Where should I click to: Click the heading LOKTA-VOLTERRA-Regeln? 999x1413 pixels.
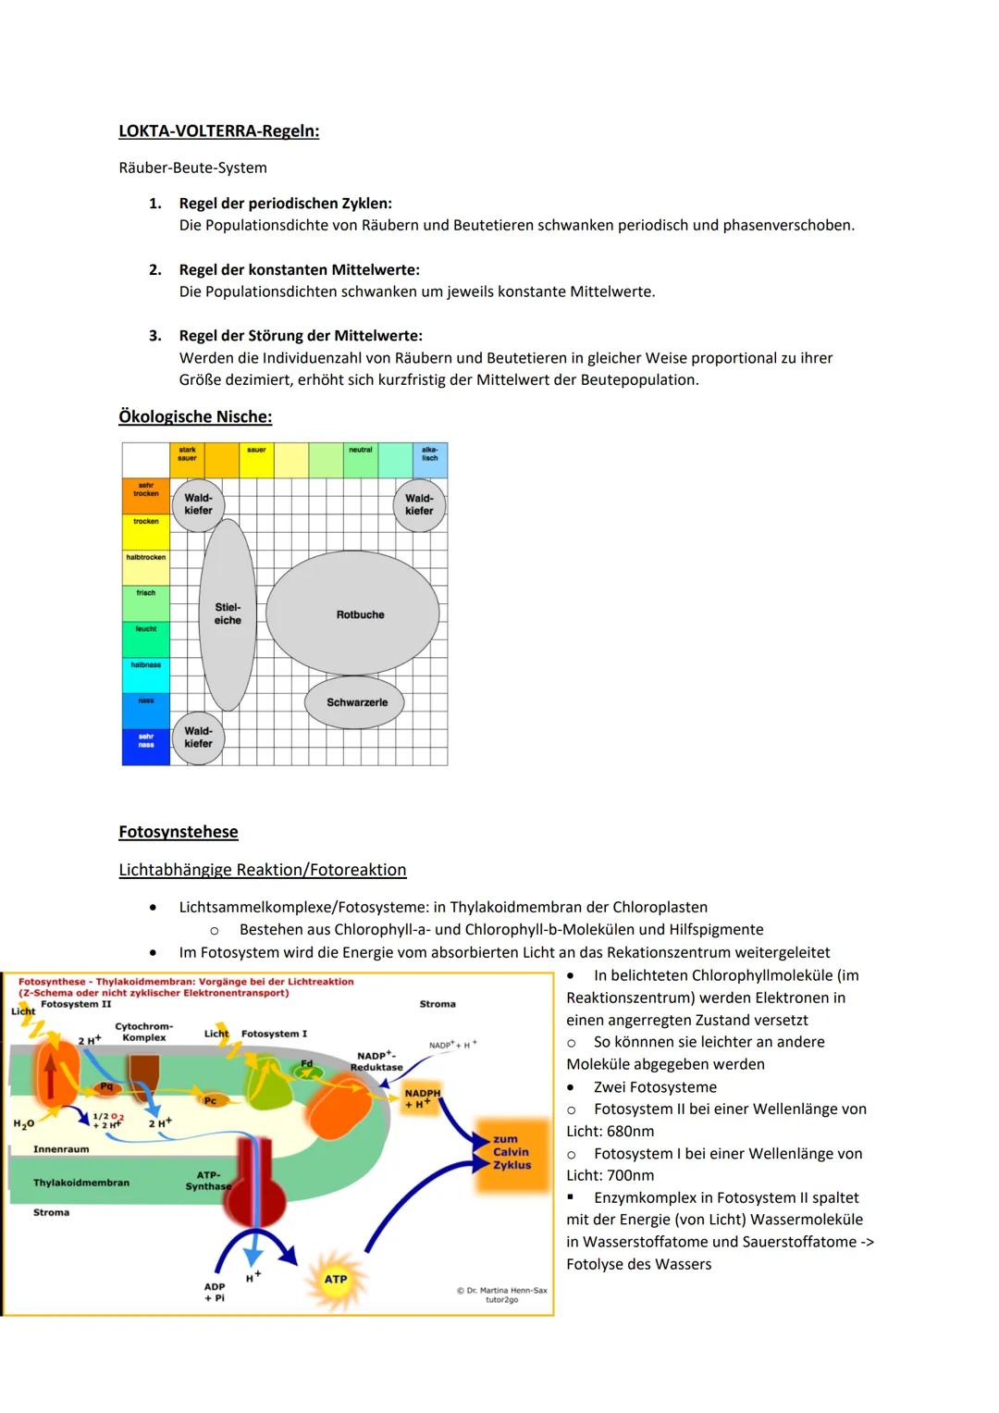pyautogui.click(x=218, y=131)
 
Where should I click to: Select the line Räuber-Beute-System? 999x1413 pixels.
pyautogui.click(x=192, y=167)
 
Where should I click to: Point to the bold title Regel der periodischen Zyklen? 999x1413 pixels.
pyautogui.click(x=285, y=203)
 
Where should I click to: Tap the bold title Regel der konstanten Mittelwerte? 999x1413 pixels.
pyautogui.click(x=299, y=269)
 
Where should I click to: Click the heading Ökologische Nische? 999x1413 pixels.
pyautogui.click(x=195, y=416)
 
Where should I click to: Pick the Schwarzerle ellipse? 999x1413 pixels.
pyautogui.click(x=356, y=702)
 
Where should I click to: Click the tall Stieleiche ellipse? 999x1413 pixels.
pyautogui.click(x=228, y=614)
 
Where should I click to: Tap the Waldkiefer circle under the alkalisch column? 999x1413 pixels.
pyautogui.click(x=419, y=504)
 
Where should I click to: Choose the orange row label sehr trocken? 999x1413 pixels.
pyautogui.click(x=146, y=490)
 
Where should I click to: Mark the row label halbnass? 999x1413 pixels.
pyautogui.click(x=146, y=665)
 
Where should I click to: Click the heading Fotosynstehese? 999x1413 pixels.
pyautogui.click(x=178, y=832)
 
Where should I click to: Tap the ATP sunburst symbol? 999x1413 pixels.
pyautogui.click(x=336, y=1279)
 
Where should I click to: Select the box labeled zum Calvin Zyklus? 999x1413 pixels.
pyautogui.click(x=512, y=1152)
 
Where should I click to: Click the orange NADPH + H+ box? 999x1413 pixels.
pyautogui.click(x=422, y=1098)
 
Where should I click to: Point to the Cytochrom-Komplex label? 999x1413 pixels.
pyautogui.click(x=143, y=1032)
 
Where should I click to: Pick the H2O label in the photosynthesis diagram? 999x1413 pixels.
pyautogui.click(x=23, y=1123)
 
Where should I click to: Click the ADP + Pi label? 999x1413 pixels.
pyautogui.click(x=215, y=1292)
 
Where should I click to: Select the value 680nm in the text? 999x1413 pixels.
pyautogui.click(x=631, y=1131)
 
